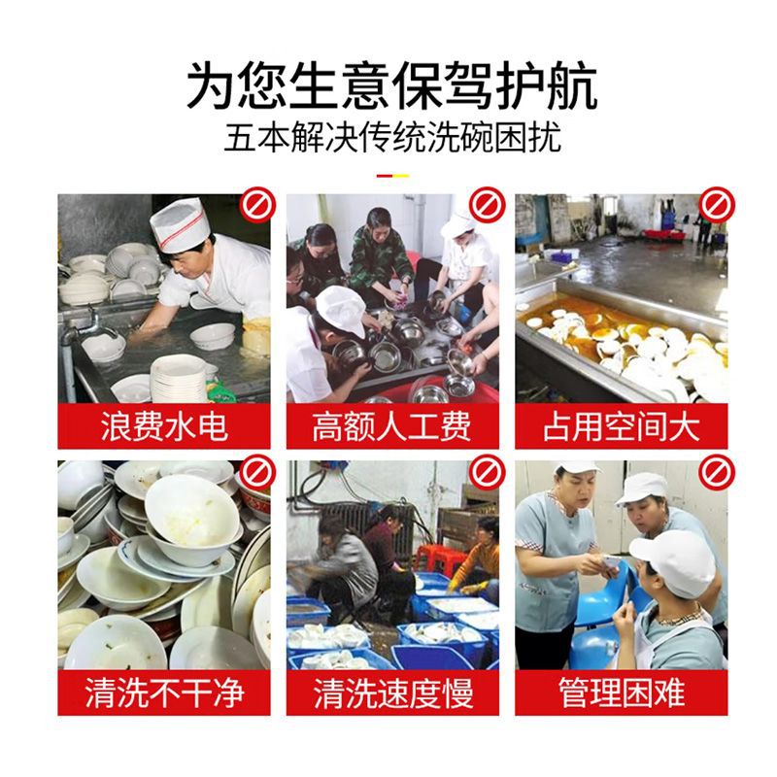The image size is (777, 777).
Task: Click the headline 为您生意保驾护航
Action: click(388, 84)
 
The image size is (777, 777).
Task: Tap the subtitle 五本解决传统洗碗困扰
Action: click(388, 137)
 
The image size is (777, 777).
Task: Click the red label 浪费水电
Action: click(164, 426)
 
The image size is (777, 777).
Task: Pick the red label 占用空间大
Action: click(621, 426)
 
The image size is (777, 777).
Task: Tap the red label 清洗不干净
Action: click(164, 693)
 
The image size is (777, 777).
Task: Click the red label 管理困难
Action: click(621, 693)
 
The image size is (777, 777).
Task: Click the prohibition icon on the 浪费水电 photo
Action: click(258, 206)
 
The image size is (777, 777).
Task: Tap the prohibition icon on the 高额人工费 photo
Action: click(486, 206)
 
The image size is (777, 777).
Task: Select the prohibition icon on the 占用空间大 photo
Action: click(716, 206)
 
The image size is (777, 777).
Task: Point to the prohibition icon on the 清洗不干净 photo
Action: click(258, 473)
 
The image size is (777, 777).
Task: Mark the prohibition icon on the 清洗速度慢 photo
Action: click(486, 473)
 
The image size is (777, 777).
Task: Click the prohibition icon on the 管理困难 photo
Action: click(716, 473)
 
